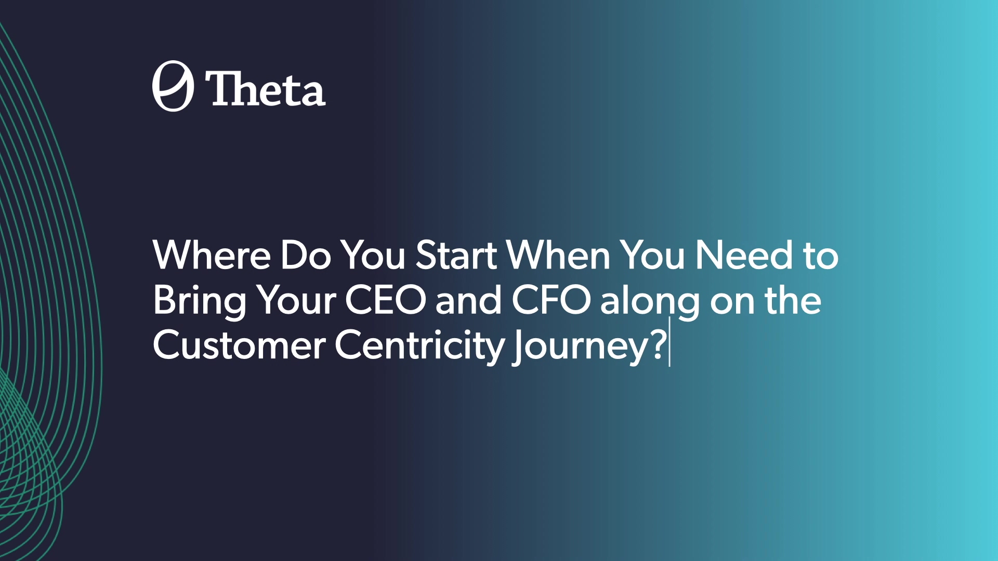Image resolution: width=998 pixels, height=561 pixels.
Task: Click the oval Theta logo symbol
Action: pyautogui.click(x=173, y=86)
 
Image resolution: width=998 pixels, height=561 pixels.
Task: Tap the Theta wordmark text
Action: pyautogui.click(x=266, y=89)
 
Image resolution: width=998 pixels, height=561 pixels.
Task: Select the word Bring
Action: pyautogui.click(x=200, y=301)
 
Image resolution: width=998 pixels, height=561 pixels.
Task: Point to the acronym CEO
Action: pyautogui.click(x=386, y=300)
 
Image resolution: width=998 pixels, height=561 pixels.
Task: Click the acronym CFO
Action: pyautogui.click(x=551, y=300)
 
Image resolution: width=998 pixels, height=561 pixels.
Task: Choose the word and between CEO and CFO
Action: pyautogui.click(x=469, y=300)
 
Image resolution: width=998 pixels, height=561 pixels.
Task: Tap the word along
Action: pyautogui.click(x=650, y=301)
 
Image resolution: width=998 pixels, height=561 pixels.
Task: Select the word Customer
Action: pyautogui.click(x=239, y=345)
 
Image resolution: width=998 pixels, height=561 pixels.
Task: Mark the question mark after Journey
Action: pyautogui.click(x=659, y=345)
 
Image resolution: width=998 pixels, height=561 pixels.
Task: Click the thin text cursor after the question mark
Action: pyautogui.click(x=669, y=342)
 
